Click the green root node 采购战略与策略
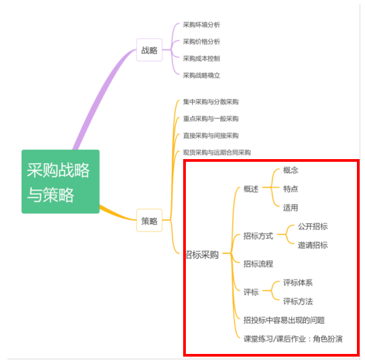61,181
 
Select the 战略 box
150,50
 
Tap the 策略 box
150,220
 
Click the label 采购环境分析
201,25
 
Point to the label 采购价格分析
201,42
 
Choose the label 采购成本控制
201,59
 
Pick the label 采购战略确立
201,76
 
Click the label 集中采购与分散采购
211,102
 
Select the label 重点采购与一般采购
211,119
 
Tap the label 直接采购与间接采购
211,136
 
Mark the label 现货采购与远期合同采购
217,152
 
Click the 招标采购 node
202,255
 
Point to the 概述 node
251,189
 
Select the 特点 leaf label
290,189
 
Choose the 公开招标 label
313,227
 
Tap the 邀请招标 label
313,245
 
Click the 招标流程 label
259,264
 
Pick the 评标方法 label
298,301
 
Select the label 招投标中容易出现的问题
284,320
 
